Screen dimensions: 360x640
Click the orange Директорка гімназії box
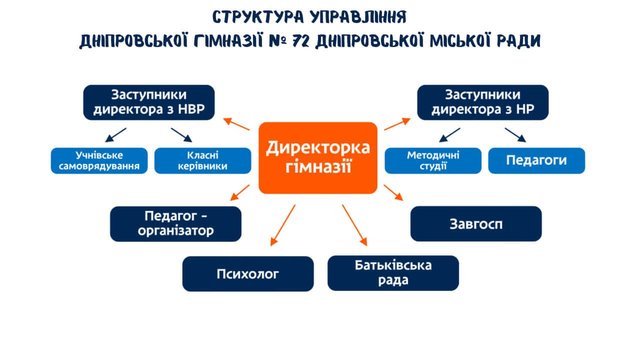click(x=317, y=157)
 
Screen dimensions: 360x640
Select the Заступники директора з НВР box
click(x=148, y=102)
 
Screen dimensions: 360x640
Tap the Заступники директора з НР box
click(x=482, y=102)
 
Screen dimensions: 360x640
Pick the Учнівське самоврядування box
click(x=99, y=160)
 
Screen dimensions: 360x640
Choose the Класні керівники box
click(x=202, y=160)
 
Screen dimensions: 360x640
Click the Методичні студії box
click(x=433, y=160)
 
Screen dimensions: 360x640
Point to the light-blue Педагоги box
click(x=536, y=160)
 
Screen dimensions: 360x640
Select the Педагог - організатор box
click(x=175, y=223)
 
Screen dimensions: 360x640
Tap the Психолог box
click(x=247, y=273)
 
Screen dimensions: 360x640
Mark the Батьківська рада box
click(x=393, y=272)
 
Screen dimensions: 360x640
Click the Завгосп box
click(x=475, y=223)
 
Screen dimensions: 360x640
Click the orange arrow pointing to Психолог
click(x=282, y=224)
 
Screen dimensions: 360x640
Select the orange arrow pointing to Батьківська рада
click(x=354, y=224)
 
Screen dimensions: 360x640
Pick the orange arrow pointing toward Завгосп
click(x=393, y=192)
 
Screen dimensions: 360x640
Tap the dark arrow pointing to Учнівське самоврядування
click(x=115, y=135)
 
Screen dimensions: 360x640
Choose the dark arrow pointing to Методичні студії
click(x=449, y=135)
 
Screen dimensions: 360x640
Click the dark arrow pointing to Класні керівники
click(x=181, y=135)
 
